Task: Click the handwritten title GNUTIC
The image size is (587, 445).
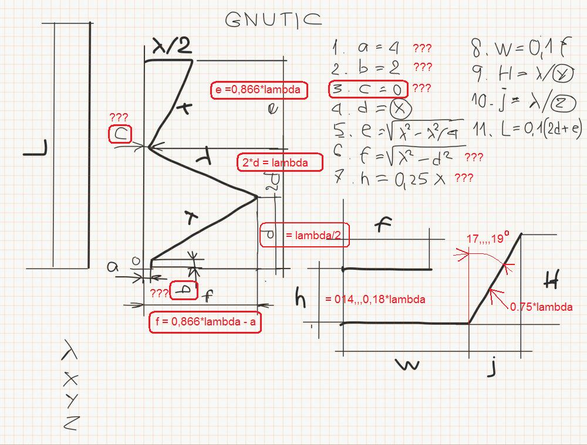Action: click(274, 20)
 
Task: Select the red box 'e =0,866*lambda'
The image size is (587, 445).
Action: click(258, 90)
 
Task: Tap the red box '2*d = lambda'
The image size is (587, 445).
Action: click(280, 162)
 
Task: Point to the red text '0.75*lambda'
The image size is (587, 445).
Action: click(540, 306)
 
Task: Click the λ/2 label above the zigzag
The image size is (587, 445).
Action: click(171, 46)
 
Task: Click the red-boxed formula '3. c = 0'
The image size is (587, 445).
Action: click(367, 89)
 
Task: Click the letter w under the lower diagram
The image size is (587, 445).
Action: click(407, 365)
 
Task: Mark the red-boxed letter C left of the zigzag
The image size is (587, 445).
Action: click(120, 135)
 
